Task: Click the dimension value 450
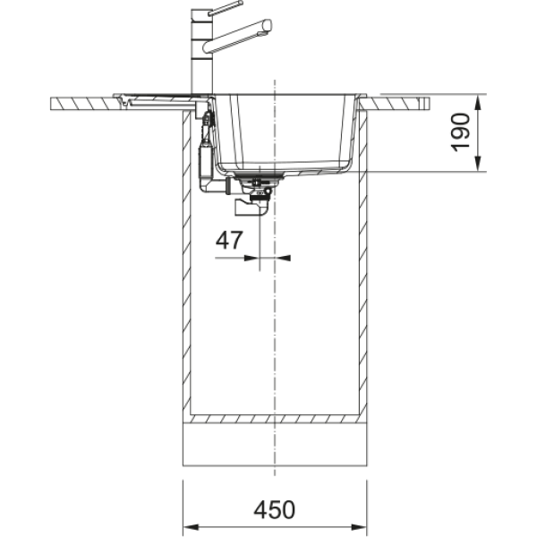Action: tap(274, 509)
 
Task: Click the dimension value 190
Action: tap(460, 132)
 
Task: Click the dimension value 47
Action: tap(229, 240)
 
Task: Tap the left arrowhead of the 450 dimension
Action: tap(191, 527)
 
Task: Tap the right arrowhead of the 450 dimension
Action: tap(359, 527)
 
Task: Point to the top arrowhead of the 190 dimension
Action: tap(478, 102)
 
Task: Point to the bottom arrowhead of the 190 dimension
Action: tap(478, 164)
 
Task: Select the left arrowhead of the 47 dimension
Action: tap(251, 258)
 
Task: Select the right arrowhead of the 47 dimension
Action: tap(283, 258)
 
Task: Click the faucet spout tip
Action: tap(267, 27)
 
